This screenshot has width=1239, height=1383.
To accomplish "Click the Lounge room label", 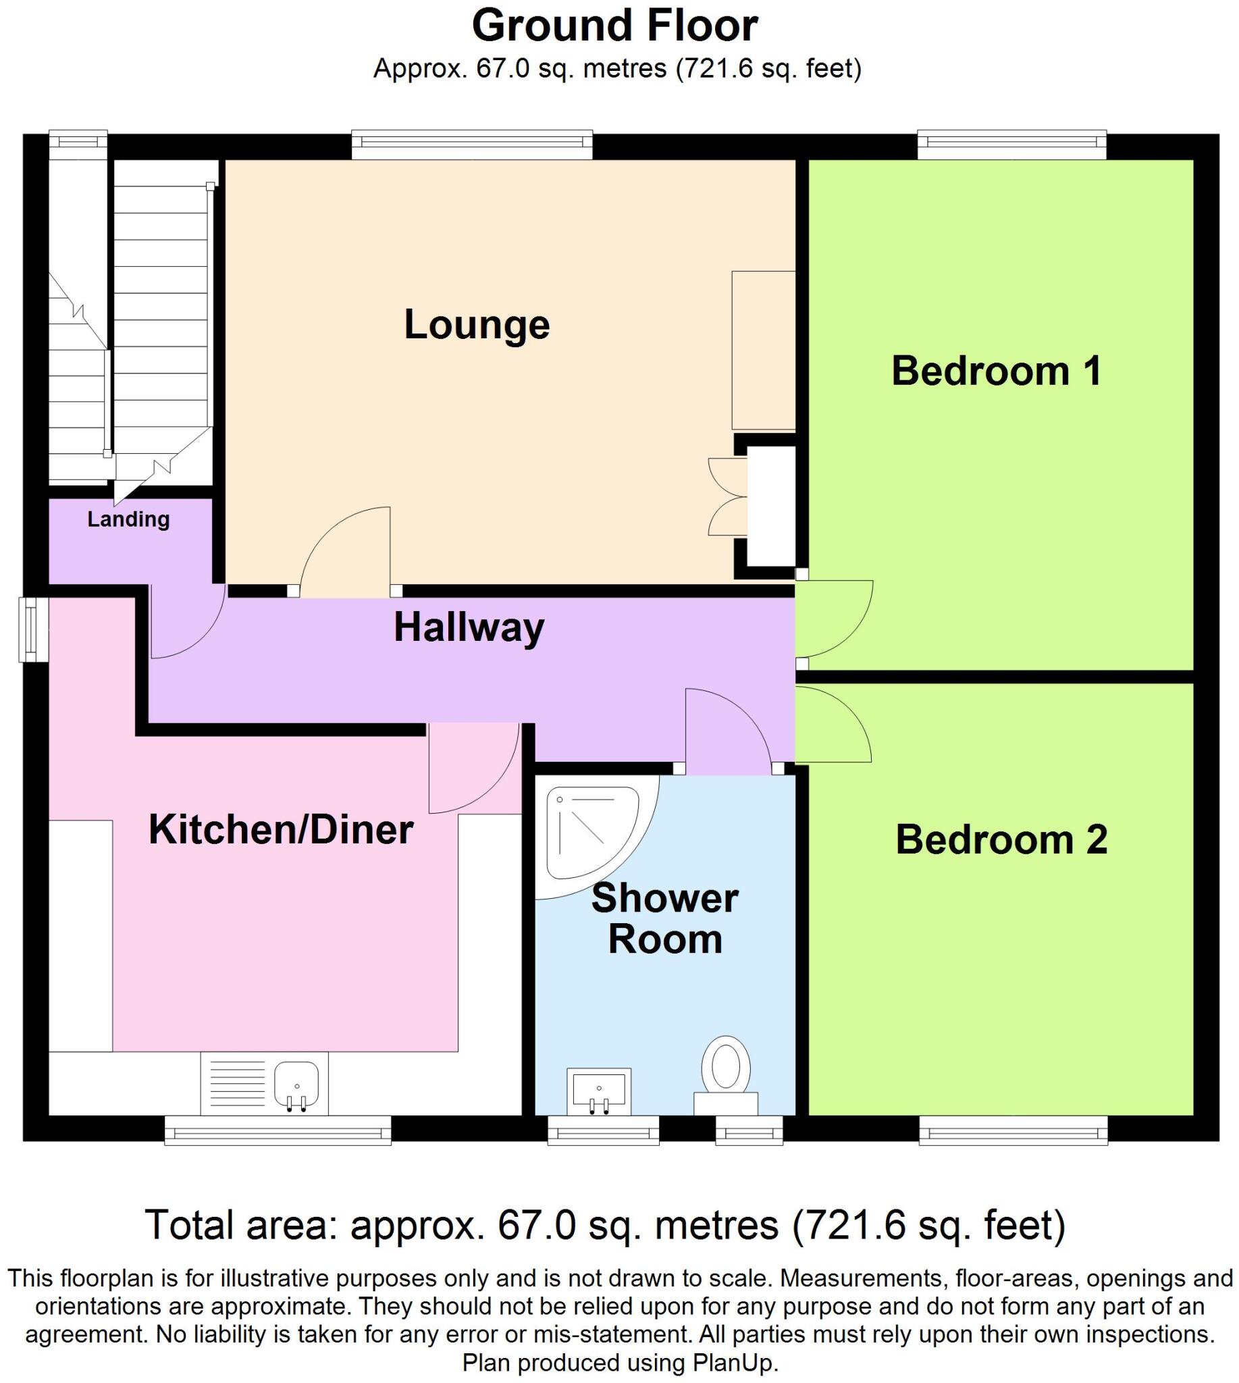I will [477, 325].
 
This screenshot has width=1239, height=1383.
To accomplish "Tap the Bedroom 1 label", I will [996, 372].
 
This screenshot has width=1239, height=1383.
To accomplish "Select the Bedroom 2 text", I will [1001, 839].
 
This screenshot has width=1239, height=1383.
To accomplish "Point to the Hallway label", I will [469, 627].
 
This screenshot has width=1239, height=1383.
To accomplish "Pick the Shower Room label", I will [664, 918].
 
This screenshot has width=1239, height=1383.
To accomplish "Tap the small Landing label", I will [128, 519].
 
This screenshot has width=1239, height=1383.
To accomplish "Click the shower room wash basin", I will [599, 1091].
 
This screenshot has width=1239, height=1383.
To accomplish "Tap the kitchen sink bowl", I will [296, 1083].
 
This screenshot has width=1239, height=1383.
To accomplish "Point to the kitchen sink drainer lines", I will [238, 1084].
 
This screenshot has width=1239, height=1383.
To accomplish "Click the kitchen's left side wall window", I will [31, 629].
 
